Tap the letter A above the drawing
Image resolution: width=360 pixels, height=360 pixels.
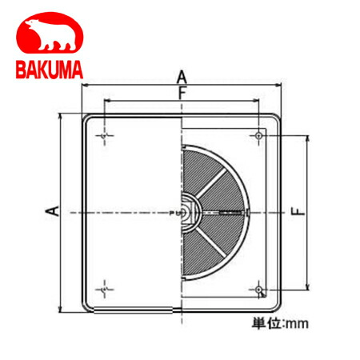pyautogui.click(x=182, y=77)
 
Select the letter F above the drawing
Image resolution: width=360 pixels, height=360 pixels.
pyautogui.click(x=182, y=94)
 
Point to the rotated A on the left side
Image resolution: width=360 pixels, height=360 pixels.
pyautogui.click(x=50, y=211)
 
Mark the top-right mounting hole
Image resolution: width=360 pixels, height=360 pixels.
pyautogui.click(x=259, y=137)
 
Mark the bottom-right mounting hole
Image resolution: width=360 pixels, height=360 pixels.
pyautogui.click(x=259, y=287)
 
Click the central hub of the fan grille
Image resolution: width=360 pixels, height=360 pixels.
pyautogui.click(x=185, y=212)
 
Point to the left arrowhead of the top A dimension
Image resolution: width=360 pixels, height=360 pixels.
pyautogui.click(x=83, y=86)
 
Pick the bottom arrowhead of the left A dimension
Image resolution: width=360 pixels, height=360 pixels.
pyautogui.click(x=61, y=309)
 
